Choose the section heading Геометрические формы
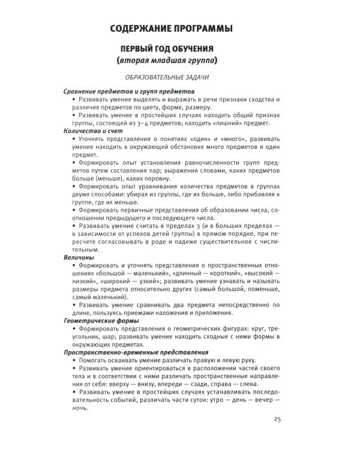point(101,320)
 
